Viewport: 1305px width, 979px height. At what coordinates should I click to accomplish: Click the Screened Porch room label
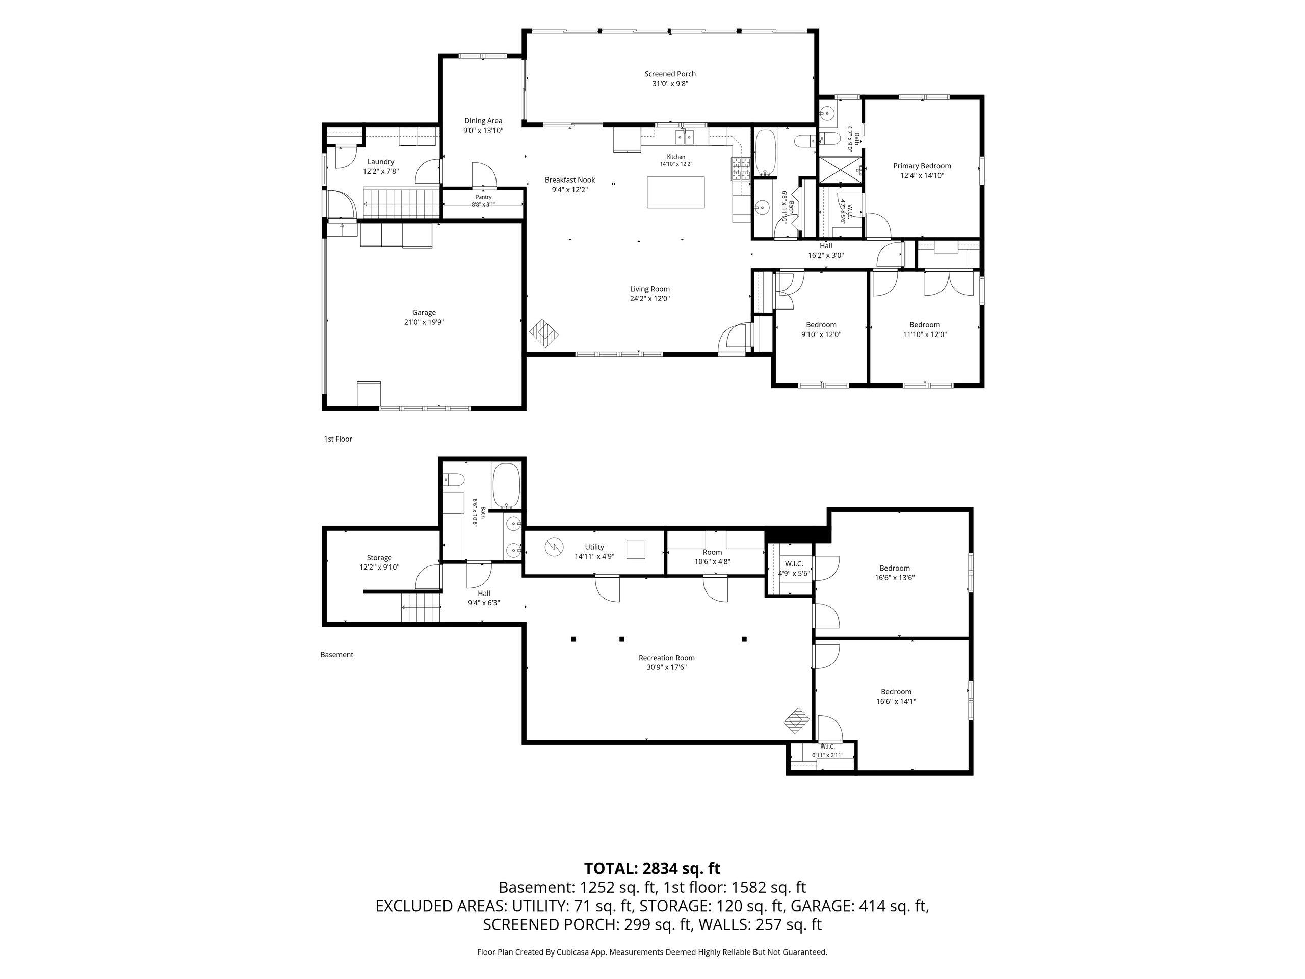coord(670,74)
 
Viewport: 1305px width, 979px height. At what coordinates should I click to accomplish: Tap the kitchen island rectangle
coord(675,192)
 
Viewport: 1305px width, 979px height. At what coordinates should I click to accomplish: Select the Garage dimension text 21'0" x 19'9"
coord(424,322)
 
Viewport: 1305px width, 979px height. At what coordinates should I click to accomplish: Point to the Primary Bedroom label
coord(922,166)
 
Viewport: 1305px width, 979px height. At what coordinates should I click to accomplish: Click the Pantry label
coord(483,197)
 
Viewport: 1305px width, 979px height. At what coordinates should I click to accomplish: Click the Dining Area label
coord(483,121)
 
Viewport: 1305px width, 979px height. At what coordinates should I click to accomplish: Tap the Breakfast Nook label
coord(569,180)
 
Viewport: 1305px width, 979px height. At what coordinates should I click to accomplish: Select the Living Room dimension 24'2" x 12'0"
coord(649,299)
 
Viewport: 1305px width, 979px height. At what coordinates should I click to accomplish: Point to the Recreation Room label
coord(667,658)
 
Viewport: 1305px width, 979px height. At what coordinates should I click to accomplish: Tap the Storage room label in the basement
coord(379,558)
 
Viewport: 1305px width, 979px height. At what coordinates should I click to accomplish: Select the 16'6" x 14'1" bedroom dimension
coord(896,702)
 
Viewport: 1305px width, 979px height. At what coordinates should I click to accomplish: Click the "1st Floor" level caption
coord(338,439)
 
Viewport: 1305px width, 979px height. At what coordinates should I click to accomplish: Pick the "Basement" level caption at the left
coord(337,654)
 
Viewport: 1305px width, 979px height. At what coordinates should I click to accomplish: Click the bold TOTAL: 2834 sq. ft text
coord(652,869)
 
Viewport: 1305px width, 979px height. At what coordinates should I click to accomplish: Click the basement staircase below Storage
coord(421,607)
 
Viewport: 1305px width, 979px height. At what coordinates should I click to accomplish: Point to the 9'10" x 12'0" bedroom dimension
coord(821,334)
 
